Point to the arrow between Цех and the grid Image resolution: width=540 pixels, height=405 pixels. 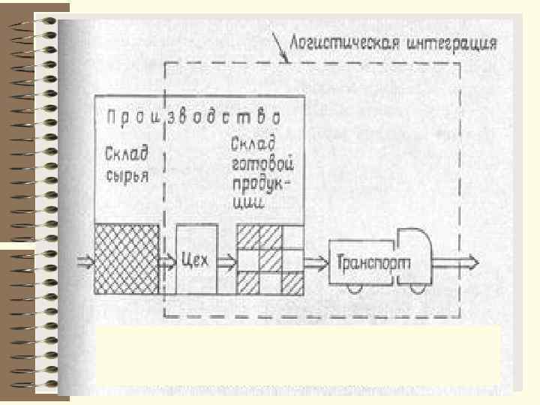(227, 261)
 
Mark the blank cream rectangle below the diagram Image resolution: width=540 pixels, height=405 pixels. (298, 354)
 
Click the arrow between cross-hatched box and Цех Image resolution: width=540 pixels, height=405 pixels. (167, 261)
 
